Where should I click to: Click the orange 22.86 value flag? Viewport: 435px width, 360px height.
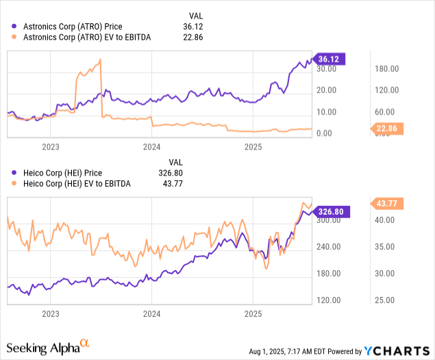click(x=388, y=128)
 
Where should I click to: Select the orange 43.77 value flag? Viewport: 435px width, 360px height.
click(x=388, y=203)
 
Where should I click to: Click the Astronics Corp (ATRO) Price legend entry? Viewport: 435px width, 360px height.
click(x=83, y=27)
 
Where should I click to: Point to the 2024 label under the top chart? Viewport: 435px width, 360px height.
click(x=151, y=147)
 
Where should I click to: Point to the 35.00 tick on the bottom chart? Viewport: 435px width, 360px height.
click(x=387, y=247)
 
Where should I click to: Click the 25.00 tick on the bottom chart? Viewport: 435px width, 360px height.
click(x=387, y=300)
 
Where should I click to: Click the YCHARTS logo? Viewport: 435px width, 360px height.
click(x=397, y=351)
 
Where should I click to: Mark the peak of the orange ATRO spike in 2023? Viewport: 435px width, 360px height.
click(x=101, y=60)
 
